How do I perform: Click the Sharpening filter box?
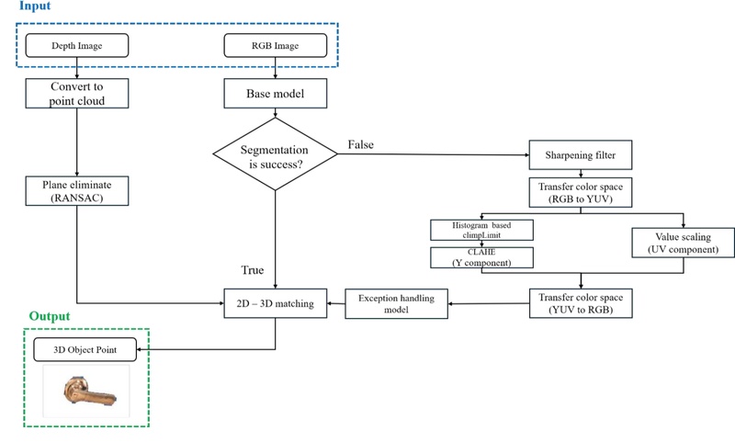580,154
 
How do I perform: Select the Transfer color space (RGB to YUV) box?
580,192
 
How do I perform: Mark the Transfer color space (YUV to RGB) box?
580,302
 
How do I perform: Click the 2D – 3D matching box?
276,302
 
